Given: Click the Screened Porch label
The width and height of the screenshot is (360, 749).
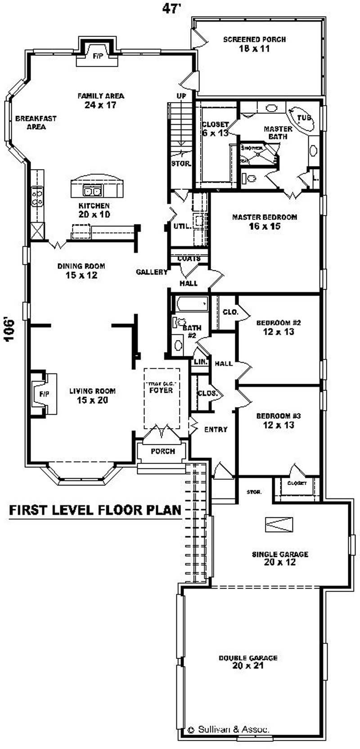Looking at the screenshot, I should point(254,44).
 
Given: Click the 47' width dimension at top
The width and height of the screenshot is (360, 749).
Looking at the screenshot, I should point(171,9).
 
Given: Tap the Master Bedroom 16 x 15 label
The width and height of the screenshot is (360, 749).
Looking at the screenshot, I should point(265,221).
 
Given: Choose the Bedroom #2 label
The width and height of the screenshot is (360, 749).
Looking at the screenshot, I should point(278,327).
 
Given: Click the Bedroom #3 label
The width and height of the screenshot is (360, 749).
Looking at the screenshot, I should point(278,420).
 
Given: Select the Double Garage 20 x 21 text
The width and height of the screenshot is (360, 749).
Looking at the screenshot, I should point(248,661).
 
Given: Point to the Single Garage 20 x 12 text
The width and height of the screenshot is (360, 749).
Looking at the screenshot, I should point(279,558).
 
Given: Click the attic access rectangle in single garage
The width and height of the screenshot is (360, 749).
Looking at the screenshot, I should point(279,525).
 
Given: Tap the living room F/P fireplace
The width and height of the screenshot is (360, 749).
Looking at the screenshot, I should point(44,394).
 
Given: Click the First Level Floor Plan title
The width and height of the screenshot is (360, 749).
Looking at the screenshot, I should point(95,510).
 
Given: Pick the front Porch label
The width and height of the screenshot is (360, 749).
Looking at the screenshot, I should point(162,451).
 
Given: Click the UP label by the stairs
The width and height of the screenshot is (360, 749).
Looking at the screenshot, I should point(181,96).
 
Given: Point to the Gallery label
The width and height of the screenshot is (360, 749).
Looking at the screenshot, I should point(152,272).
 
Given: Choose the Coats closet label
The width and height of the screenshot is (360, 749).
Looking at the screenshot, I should point(189,259).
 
